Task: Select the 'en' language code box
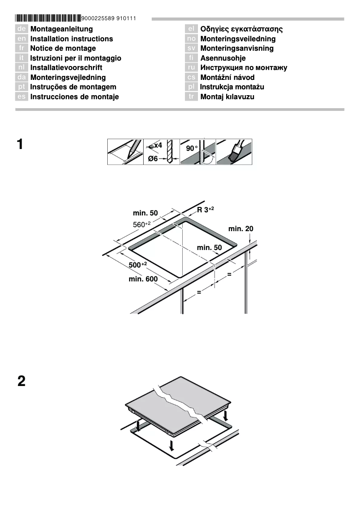pyautogui.click(x=22, y=39)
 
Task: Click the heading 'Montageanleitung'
pyautogui.click(x=61, y=29)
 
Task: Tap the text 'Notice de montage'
pyautogui.click(x=63, y=48)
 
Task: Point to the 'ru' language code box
pyautogui.click(x=191, y=68)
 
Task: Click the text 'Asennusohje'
pyautogui.click(x=223, y=58)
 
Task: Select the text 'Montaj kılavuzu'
pyautogui.click(x=227, y=97)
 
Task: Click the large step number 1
pyautogui.click(x=20, y=145)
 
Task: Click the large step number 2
pyautogui.click(x=21, y=382)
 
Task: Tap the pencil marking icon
pyautogui.click(x=125, y=152)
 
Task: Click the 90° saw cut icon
pyautogui.click(x=198, y=152)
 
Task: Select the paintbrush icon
pyautogui.click(x=234, y=152)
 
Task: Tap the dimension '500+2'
pyautogui.click(x=138, y=265)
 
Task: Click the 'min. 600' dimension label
pyautogui.click(x=143, y=279)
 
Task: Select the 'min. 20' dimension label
pyautogui.click(x=241, y=229)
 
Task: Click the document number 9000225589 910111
pyautogui.click(x=109, y=18)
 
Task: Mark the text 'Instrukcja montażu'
pyautogui.click(x=232, y=87)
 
